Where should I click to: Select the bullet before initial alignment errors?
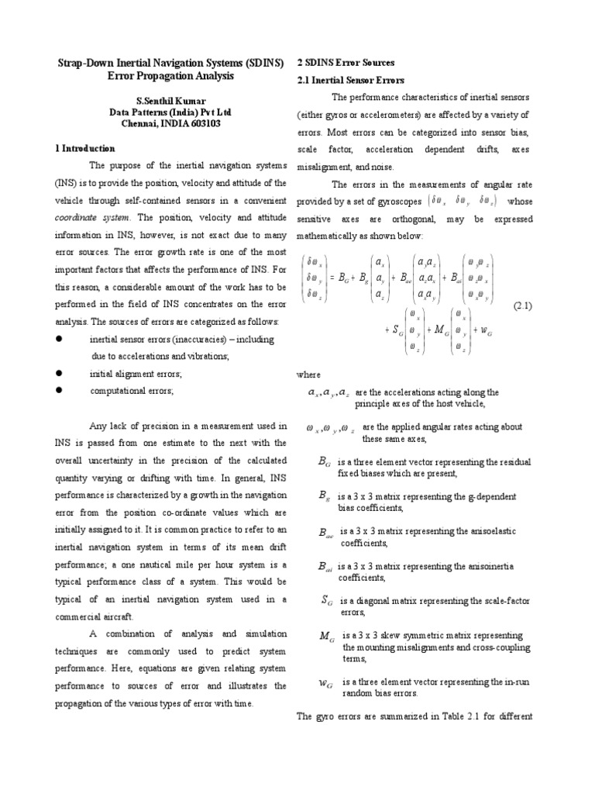[58, 373]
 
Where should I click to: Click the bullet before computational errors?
[58, 392]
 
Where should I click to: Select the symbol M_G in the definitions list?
[326, 636]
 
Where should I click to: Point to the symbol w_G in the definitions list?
[326, 683]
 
